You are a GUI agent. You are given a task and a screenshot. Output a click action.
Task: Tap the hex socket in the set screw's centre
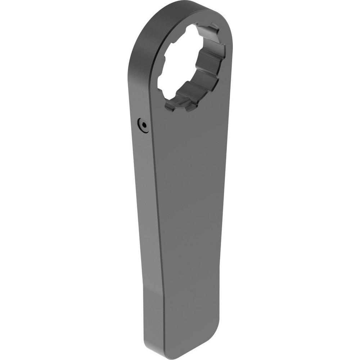pyautogui.click(x=144, y=126)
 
